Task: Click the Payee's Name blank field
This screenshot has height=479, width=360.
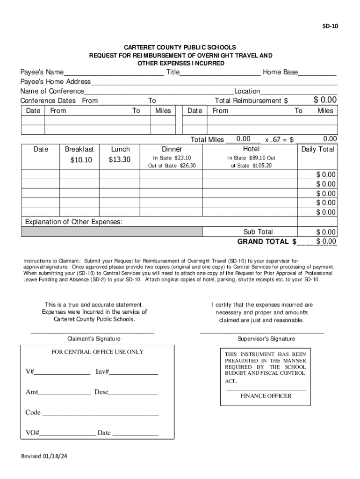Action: click(x=114, y=73)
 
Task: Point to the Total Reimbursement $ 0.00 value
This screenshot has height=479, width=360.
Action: click(x=325, y=100)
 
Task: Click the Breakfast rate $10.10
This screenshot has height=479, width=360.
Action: click(x=81, y=160)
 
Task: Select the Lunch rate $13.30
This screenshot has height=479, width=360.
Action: click(x=120, y=160)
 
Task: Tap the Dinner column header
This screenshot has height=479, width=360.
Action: click(x=172, y=149)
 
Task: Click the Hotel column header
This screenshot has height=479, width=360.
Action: click(x=251, y=149)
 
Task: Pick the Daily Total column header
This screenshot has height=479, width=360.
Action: click(x=318, y=149)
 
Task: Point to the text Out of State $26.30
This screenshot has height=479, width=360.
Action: click(x=172, y=166)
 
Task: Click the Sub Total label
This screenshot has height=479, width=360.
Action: click(x=258, y=232)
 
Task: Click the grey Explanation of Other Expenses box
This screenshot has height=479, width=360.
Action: click(x=112, y=232)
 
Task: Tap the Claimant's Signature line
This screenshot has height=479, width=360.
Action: click(x=93, y=332)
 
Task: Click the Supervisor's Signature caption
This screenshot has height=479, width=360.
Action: click(x=266, y=339)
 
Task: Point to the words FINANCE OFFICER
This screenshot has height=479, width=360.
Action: click(x=266, y=396)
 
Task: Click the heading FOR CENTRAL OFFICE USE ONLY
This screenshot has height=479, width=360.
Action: click(x=97, y=352)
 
